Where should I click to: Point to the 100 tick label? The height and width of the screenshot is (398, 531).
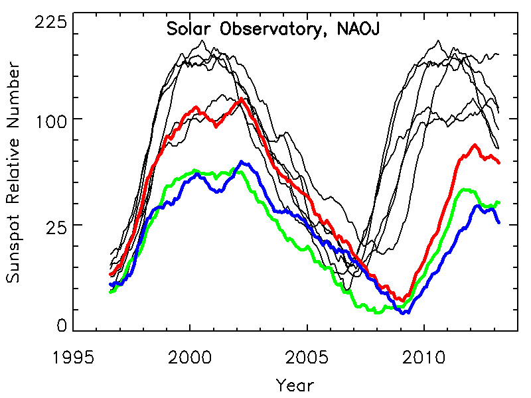tap(52, 119)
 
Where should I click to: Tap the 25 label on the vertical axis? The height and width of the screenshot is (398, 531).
tap(56, 225)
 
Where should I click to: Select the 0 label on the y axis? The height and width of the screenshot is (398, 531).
tap(62, 324)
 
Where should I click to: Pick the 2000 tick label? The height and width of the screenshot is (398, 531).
tap(190, 358)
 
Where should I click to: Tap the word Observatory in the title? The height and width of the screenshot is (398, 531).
tap(268, 31)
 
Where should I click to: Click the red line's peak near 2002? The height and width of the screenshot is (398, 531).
tap(240, 99)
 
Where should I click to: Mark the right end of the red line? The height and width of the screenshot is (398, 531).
tap(499, 163)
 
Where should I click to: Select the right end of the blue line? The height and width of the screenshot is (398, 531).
tap(499, 223)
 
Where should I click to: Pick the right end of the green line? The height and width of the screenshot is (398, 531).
tap(499, 202)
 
